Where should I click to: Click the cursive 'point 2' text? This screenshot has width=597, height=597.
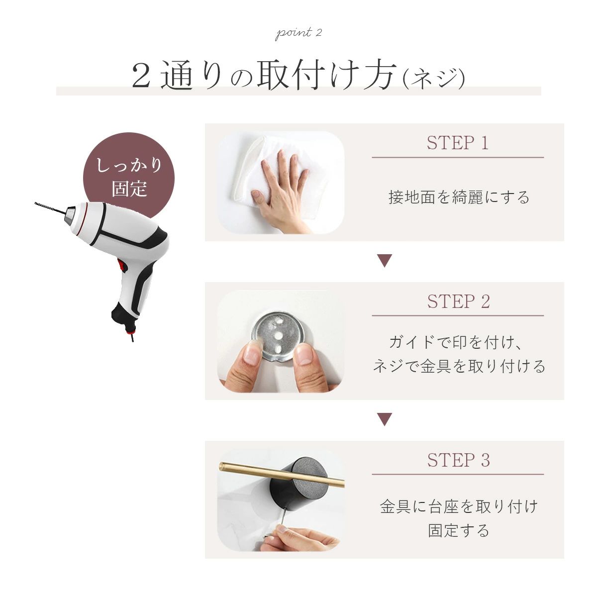click(298, 33)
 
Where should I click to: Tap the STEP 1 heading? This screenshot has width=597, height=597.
click(458, 143)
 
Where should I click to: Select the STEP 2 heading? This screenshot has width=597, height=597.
click(458, 301)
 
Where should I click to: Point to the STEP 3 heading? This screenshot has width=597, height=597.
click(458, 460)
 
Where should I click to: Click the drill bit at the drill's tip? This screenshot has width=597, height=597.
click(50, 208)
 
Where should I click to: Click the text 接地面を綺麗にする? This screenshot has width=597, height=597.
click(459, 198)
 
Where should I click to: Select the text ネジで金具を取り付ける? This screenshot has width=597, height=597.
click(459, 366)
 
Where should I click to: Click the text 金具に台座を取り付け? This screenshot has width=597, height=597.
click(459, 506)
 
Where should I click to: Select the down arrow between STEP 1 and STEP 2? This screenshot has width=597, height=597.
click(385, 261)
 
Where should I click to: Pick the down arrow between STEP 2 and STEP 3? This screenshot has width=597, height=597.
click(385, 419)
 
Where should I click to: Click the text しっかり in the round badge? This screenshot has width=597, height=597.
click(129, 165)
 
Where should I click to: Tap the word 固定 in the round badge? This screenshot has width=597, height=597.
click(129, 188)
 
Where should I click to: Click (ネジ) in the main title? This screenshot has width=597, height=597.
click(433, 79)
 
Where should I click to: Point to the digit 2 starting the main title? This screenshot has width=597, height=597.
click(141, 77)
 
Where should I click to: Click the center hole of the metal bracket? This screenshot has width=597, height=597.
click(279, 335)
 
